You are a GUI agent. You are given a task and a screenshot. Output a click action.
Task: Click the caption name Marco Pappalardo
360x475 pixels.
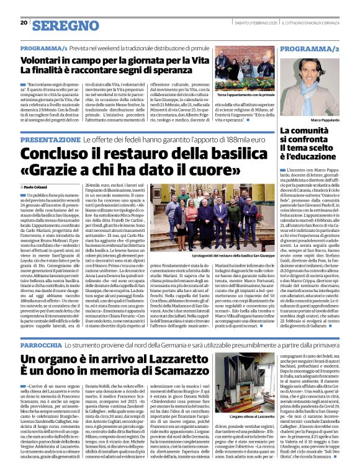[326, 119]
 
